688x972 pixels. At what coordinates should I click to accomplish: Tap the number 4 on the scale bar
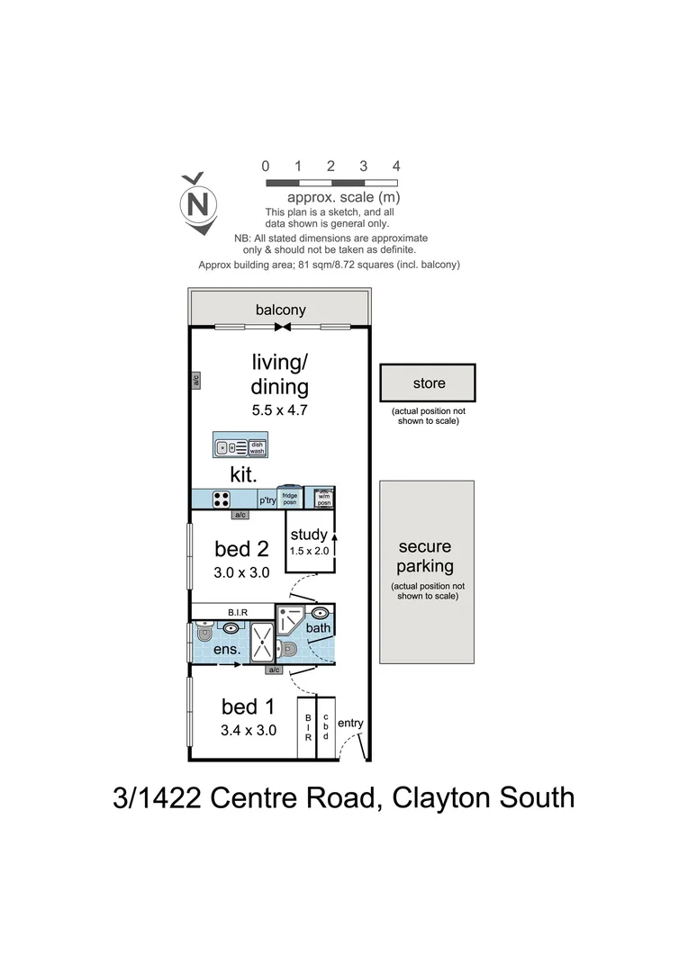point(395,166)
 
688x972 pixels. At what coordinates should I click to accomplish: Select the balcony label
point(280,310)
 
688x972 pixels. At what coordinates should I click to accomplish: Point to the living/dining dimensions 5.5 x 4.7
point(279,409)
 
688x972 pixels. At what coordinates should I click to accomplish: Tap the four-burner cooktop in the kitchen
point(221,499)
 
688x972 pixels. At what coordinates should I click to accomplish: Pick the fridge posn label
point(289,499)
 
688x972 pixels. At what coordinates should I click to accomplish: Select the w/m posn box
point(322,499)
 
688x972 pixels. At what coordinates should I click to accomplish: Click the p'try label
point(267,500)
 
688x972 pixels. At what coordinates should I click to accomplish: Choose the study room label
point(309,535)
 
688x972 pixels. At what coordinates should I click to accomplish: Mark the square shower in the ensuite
point(263,643)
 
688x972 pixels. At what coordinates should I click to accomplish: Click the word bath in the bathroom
point(318,627)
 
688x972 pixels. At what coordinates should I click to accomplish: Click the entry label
point(350,723)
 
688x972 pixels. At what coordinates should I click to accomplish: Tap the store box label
point(429,383)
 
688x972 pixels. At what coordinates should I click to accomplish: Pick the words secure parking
point(425,556)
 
